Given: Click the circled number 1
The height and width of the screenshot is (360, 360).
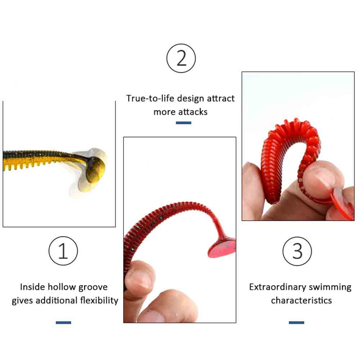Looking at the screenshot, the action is coord(63,251).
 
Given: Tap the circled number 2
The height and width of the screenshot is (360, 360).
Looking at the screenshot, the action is coord(181,58).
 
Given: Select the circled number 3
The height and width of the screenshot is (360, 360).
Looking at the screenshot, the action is coord(297,251).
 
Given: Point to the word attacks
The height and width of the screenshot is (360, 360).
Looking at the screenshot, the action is coord(193,112).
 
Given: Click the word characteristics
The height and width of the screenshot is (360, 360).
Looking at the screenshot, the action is coord(301,301).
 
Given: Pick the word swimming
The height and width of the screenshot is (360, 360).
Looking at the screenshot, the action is coord(330,287).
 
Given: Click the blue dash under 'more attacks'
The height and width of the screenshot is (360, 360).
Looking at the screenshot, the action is coord(184,123).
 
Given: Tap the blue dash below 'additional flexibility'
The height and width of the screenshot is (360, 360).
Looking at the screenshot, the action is coord(63,323).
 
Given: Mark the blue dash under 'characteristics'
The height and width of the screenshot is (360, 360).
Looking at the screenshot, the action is coord(296,323).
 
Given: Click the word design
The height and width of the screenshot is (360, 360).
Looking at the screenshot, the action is coord(190,99).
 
